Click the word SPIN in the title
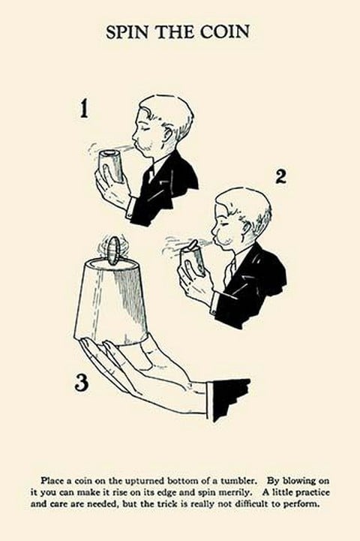point(128,32)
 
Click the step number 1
point(84,109)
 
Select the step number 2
point(281,177)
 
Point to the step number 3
point(82,383)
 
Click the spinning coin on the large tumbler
point(112,250)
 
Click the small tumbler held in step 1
point(112,166)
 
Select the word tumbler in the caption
point(239,481)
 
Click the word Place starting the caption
point(51,481)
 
